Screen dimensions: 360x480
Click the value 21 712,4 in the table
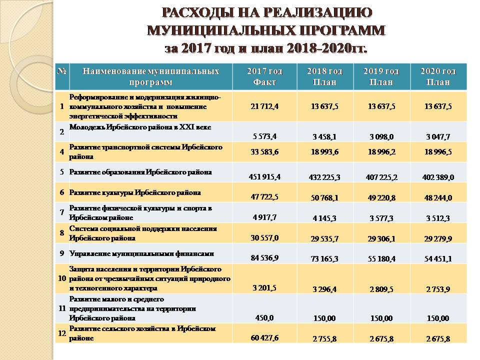pos(268,106)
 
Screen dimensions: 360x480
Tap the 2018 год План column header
pos(324,76)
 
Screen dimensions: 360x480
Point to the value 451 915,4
pos(268,176)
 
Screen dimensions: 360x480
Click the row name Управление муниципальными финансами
pos(141,253)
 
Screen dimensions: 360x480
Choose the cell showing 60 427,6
pos(268,338)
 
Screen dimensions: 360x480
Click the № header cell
pos(62,71)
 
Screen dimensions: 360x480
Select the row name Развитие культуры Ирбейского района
pos(135,192)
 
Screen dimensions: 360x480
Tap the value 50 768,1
pos(324,197)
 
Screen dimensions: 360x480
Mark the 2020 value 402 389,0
pos(439,176)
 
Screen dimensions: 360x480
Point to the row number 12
pos(61,333)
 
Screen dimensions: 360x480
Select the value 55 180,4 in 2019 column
pos(381,259)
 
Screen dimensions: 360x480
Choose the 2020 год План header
pos(438,76)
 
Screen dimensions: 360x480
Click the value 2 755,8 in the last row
pos(324,338)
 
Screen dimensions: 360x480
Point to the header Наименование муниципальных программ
pos(150,76)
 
